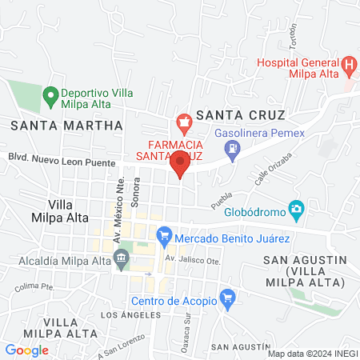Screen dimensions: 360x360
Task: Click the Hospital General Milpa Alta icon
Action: (348, 64)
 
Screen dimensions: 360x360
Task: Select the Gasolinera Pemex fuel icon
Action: (232, 147)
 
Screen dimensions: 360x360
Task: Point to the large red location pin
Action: (180, 163)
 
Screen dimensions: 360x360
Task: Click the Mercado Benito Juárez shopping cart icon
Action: (165, 236)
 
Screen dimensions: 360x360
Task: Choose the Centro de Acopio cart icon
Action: (227, 301)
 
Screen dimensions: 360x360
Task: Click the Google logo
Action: (26, 350)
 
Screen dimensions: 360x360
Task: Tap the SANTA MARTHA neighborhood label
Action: (67, 126)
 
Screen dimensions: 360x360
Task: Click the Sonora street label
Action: (135, 191)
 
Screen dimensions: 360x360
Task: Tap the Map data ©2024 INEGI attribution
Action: (312, 353)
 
